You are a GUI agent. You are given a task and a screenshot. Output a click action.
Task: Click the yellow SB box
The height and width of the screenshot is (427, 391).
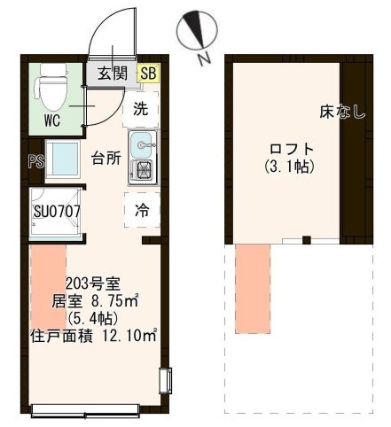click(x=148, y=74)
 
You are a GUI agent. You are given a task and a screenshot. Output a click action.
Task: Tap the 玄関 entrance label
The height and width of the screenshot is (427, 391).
click(x=113, y=74)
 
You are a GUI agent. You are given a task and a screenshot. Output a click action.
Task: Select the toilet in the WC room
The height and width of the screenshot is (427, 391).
click(x=52, y=87)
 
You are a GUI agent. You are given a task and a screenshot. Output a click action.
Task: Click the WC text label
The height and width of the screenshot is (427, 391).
click(x=52, y=120)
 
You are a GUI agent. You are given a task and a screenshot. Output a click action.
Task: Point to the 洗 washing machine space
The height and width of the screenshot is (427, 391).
click(x=141, y=109)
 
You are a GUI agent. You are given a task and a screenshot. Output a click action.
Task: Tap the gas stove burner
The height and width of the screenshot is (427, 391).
click(x=144, y=172)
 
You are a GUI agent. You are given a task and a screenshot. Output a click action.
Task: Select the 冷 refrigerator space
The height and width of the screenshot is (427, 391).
click(x=142, y=210)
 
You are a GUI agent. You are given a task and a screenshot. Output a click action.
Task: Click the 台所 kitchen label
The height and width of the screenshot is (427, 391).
click(x=106, y=158)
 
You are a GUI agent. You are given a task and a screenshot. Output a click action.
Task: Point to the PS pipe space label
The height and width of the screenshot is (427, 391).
click(x=36, y=162)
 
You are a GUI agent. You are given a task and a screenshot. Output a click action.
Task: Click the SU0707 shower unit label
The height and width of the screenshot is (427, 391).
click(x=57, y=212)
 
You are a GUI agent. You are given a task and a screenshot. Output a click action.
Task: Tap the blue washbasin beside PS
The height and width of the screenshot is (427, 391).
click(x=63, y=159)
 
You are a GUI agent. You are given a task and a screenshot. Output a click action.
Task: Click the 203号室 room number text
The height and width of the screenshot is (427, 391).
click(x=92, y=284)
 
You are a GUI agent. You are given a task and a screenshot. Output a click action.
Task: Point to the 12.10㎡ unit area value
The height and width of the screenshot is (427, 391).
click(x=129, y=336)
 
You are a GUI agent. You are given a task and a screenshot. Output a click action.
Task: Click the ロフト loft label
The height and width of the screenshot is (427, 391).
click(x=292, y=149)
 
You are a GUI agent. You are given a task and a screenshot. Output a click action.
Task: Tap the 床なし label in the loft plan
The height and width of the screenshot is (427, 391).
click(x=342, y=113)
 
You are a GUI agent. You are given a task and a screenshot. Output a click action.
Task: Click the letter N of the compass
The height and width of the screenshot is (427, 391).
click(x=205, y=59)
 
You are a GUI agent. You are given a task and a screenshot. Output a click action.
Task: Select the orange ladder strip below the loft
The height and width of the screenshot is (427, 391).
click(x=253, y=289)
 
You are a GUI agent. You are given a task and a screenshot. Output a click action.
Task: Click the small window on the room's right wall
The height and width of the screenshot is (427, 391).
click(x=166, y=381)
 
